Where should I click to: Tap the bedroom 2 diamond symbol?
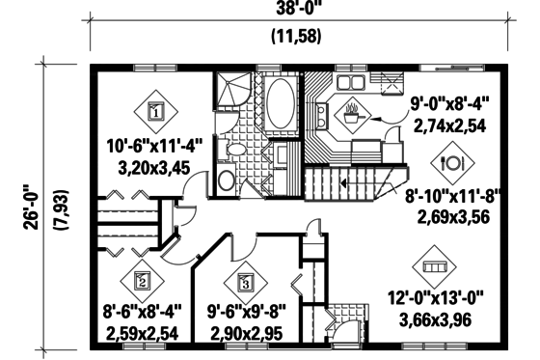pyautogui.click(x=142, y=281)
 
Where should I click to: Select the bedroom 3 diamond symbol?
pyautogui.click(x=245, y=283)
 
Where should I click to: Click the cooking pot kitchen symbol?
pyautogui.click(x=352, y=110)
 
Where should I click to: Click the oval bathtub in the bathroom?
pyautogui.click(x=282, y=101)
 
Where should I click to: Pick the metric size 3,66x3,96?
pyautogui.click(x=430, y=319)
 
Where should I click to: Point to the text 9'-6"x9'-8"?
pyautogui.click(x=245, y=313)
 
